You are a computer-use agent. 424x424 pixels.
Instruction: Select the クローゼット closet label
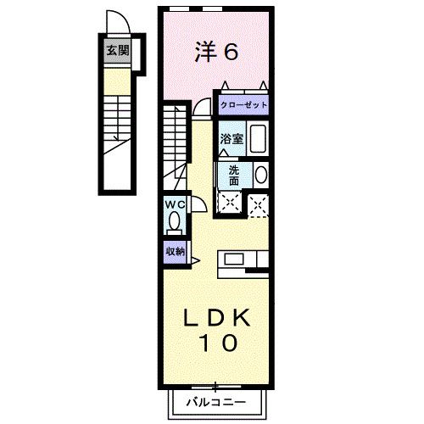[x=243, y=105]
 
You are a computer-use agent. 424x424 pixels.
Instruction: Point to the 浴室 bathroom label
[x=232, y=139]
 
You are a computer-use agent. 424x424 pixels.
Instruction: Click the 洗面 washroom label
[x=234, y=175]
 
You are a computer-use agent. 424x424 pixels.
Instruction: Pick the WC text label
[x=175, y=204]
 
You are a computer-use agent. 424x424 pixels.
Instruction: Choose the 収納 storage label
[x=175, y=251]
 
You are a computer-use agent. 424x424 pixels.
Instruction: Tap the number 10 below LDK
[x=217, y=344]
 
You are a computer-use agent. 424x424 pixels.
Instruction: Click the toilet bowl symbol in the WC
[x=175, y=221]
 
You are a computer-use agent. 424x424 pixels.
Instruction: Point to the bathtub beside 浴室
[x=259, y=139]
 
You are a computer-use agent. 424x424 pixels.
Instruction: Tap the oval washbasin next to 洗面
[x=259, y=175]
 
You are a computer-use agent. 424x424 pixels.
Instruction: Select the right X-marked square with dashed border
[x=258, y=202]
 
